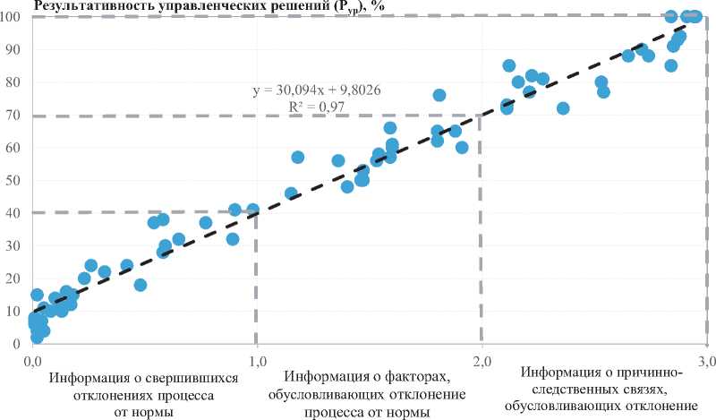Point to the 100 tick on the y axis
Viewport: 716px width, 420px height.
[x=13, y=18]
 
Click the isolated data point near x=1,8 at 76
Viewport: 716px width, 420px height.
[x=439, y=95]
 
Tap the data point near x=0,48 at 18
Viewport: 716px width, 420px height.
[x=141, y=285]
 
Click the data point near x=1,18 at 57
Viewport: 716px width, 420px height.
[x=298, y=158]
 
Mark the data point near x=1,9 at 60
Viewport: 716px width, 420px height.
[x=462, y=148]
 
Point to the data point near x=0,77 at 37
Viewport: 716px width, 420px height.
[x=206, y=223]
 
